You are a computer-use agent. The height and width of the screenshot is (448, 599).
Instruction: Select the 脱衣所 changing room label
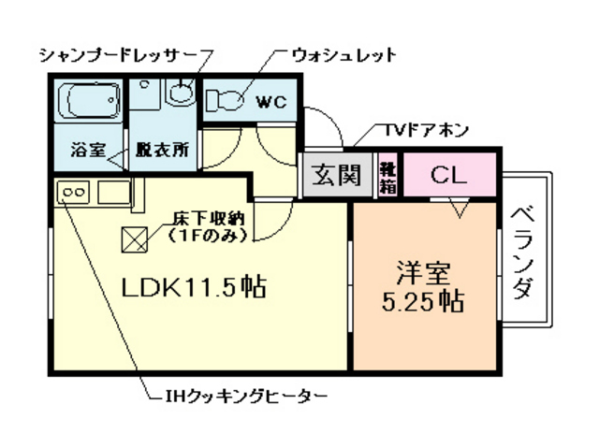coord(161,150)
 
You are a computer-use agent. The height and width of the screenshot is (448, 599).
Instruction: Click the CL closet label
coord(448,175)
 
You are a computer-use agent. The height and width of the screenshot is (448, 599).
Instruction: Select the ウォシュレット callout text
coord(343,54)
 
